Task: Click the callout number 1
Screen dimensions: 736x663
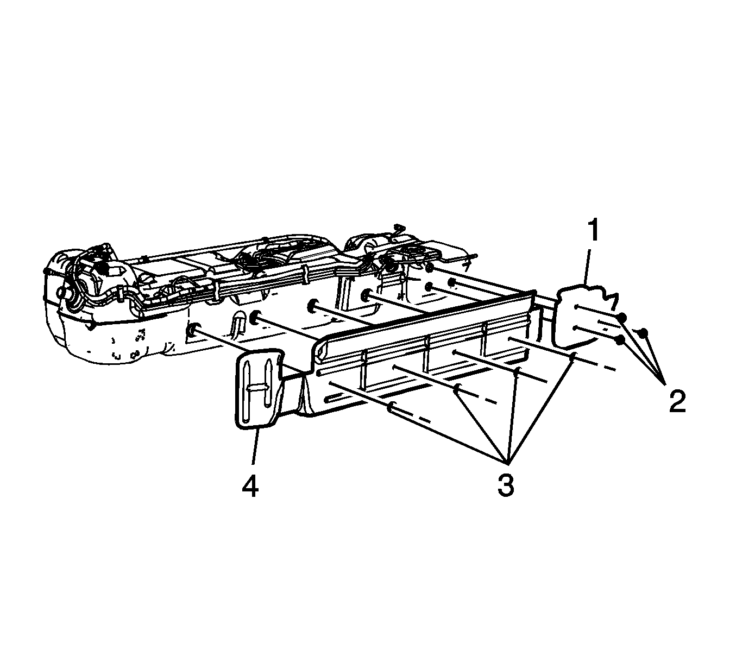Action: click(593, 230)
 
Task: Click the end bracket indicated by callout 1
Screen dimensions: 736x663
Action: click(584, 315)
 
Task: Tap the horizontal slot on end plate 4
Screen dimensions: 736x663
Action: click(259, 387)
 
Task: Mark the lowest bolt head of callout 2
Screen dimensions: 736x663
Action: click(620, 340)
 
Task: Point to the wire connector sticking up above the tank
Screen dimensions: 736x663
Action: click(399, 228)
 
